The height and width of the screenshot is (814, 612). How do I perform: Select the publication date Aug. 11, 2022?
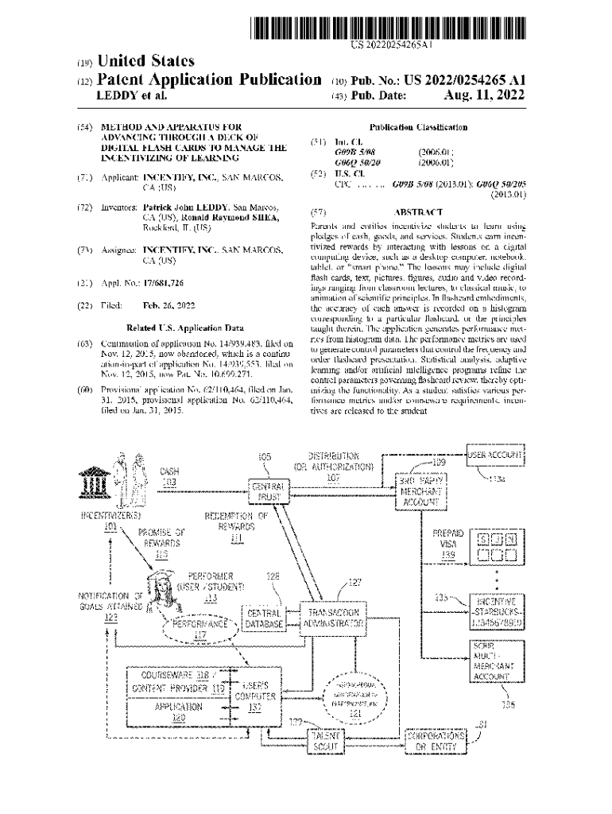point(486,95)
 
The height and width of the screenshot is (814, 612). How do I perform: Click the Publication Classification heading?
point(418,127)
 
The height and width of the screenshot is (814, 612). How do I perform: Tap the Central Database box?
point(265,618)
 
